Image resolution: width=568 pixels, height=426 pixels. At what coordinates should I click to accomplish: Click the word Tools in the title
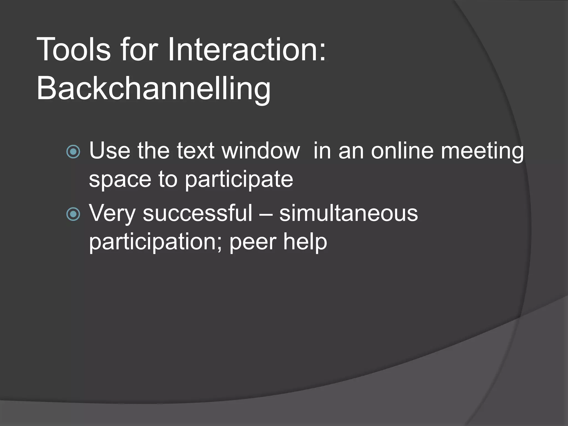point(73,50)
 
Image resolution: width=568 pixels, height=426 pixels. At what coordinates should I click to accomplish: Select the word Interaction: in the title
point(247,50)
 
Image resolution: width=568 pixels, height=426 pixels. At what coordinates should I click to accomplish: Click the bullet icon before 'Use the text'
point(73,152)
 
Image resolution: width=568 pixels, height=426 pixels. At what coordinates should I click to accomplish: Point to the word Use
point(110,151)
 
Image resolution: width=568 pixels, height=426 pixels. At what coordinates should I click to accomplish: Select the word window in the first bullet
point(261,151)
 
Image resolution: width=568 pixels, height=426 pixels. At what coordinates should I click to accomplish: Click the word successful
point(197,214)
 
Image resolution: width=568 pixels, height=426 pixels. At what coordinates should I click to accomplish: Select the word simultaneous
point(348,214)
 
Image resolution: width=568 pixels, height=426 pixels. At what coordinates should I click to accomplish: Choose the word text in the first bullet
point(196,151)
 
